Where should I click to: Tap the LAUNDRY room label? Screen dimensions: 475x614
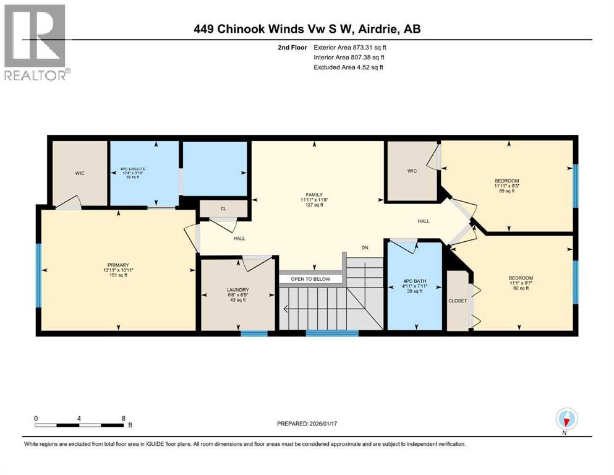pyautogui.click(x=237, y=289)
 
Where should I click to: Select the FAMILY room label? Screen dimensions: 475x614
pyautogui.click(x=315, y=195)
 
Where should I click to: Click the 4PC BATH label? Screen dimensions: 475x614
pyautogui.click(x=414, y=281)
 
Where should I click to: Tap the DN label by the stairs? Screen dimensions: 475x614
pyautogui.click(x=365, y=248)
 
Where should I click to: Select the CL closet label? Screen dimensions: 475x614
pyautogui.click(x=224, y=209)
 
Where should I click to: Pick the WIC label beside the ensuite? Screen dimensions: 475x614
pyautogui.click(x=80, y=173)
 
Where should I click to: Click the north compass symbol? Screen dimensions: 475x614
pyautogui.click(x=566, y=420)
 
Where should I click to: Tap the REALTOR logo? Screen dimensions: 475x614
pyautogui.click(x=36, y=42)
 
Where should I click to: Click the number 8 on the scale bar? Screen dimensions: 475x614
pyautogui.click(x=124, y=418)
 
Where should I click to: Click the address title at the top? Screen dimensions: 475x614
pyautogui.click(x=307, y=28)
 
